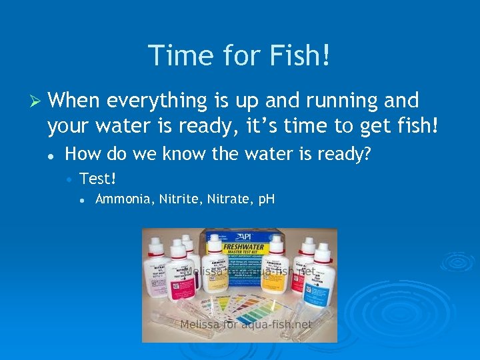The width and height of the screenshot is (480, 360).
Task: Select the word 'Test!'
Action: pos(98,178)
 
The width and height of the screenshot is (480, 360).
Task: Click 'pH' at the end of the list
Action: pos(265,199)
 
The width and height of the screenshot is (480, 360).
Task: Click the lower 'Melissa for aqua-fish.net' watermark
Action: pos(246,325)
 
